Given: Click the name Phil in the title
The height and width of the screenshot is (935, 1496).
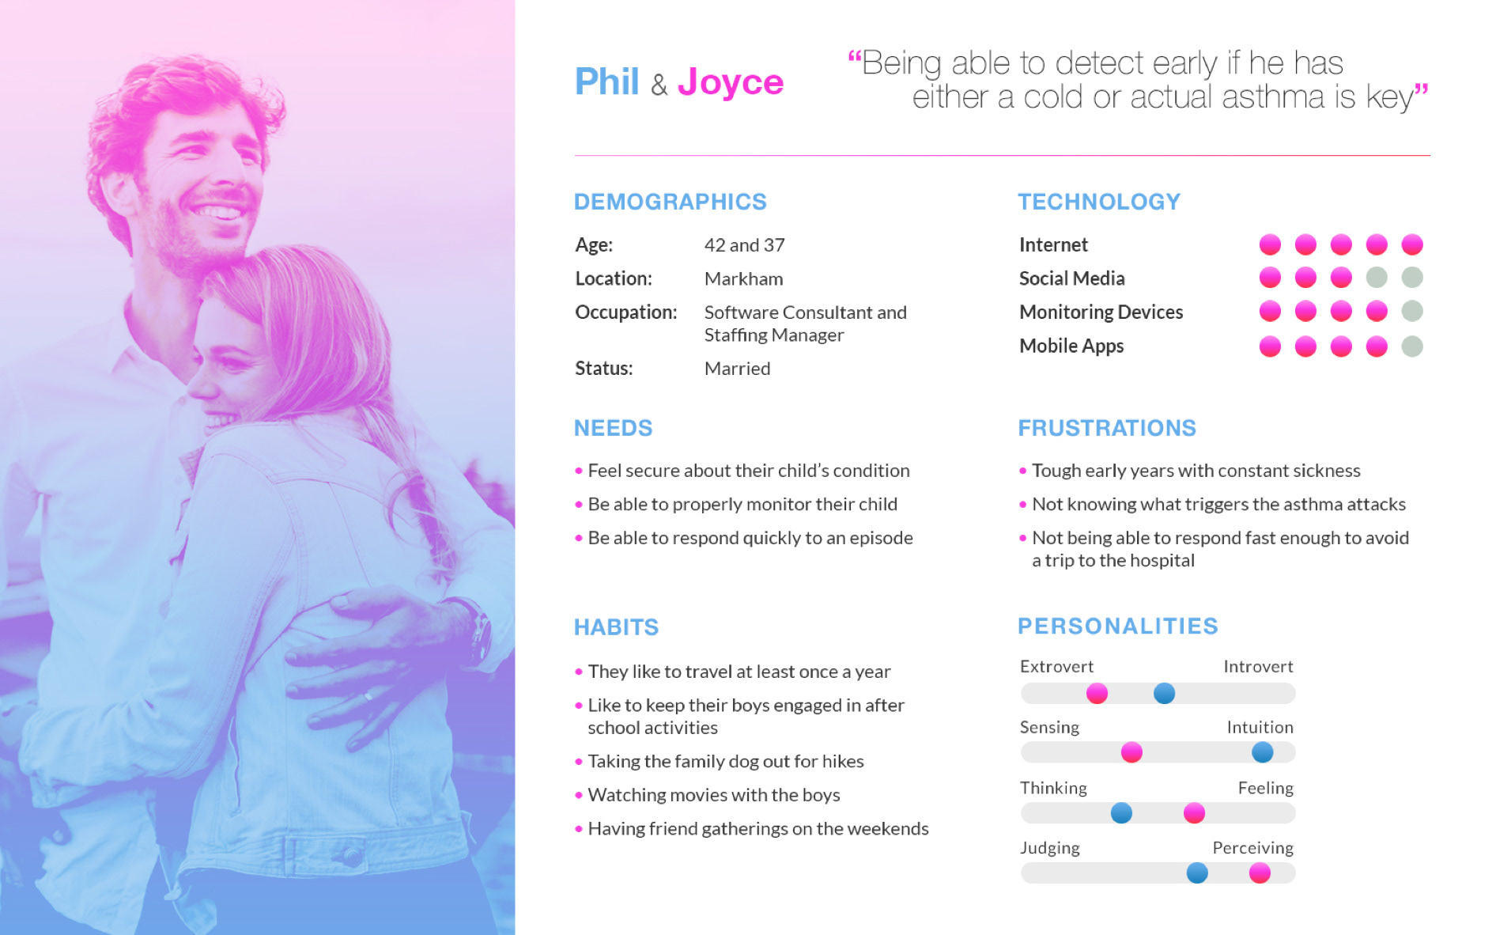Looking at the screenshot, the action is [606, 81].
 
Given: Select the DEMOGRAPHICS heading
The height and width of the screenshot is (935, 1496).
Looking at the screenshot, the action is [671, 202].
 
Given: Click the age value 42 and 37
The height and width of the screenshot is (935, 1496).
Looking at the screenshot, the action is [744, 245].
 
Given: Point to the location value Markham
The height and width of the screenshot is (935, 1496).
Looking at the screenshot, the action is [743, 279].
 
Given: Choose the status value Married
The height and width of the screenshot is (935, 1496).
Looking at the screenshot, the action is [737, 369].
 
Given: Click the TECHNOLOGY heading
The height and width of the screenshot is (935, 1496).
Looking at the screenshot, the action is [1099, 202].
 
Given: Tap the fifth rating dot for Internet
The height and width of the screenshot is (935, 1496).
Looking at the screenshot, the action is [1412, 244].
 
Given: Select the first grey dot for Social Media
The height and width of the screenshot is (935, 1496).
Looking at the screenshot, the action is [1377, 278].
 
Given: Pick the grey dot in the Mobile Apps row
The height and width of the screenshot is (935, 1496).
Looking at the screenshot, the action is [1412, 346].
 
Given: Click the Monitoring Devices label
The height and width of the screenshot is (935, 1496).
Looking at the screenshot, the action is [1101, 312].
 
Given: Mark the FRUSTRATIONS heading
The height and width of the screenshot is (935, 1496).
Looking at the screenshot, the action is [1107, 428].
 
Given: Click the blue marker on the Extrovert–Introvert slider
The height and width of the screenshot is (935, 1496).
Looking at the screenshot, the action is [1164, 694].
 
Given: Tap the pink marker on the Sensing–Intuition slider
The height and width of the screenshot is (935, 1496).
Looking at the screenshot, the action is [1131, 752].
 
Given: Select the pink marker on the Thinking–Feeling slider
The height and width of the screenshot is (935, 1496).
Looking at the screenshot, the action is [1194, 812].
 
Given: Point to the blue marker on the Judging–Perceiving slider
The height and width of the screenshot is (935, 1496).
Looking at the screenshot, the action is [1197, 873].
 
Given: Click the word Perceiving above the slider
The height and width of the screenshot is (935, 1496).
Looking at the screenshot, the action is [1252, 848].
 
